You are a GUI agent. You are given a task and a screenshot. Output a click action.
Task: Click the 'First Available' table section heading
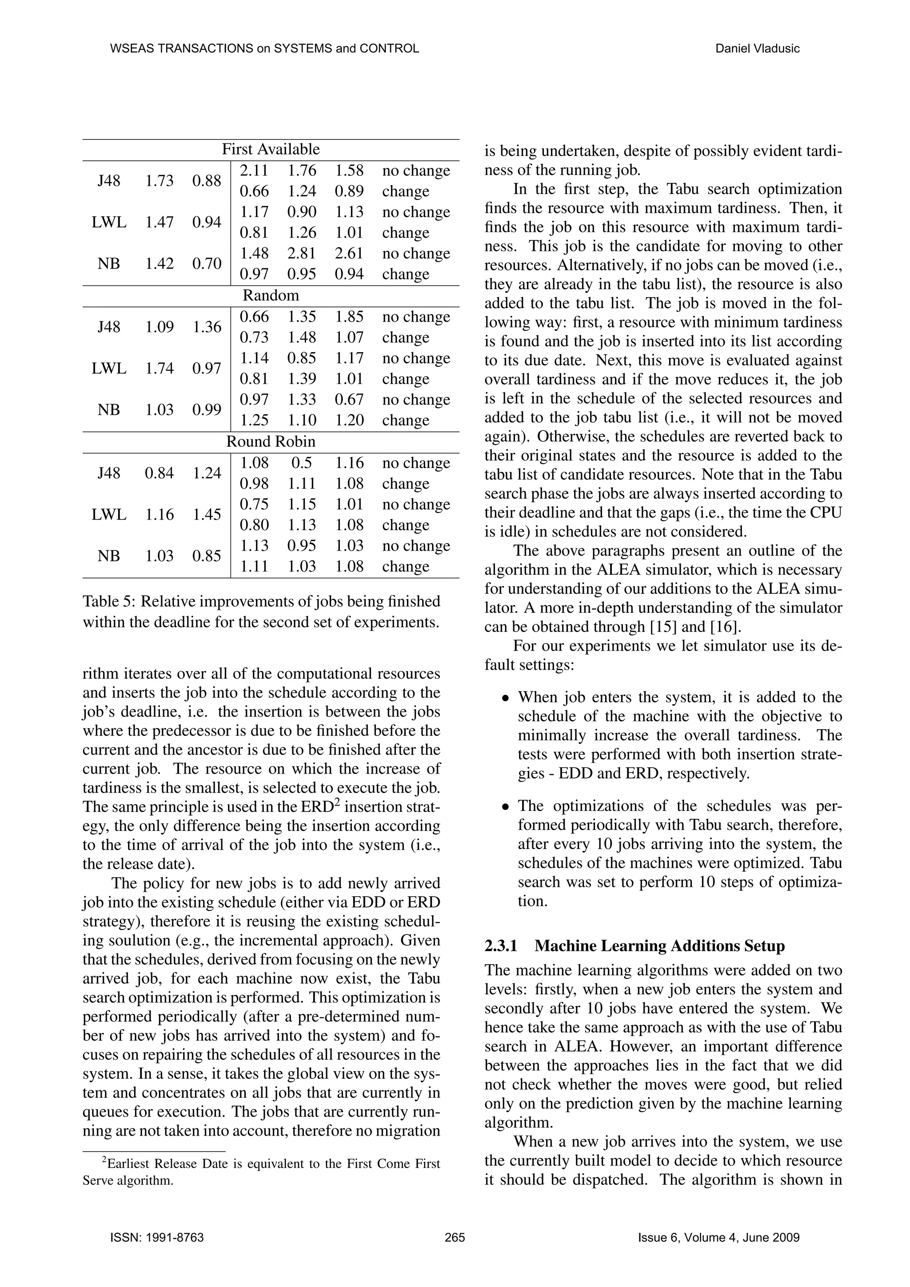pyautogui.click(x=271, y=150)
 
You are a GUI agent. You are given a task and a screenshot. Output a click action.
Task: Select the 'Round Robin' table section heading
pyautogui.click(x=271, y=442)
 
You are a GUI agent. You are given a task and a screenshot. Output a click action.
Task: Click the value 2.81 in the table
pyautogui.click(x=302, y=254)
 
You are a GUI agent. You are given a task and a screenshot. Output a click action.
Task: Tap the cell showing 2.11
pyautogui.click(x=254, y=171)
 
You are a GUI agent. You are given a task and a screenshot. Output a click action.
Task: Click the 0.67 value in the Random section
pyautogui.click(x=349, y=400)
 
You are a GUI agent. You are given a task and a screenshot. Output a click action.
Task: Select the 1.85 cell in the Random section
pyautogui.click(x=349, y=317)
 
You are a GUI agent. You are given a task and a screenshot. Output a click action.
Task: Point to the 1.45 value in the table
pyautogui.click(x=207, y=515)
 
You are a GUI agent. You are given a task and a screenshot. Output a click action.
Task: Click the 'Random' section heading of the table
pyautogui.click(x=271, y=295)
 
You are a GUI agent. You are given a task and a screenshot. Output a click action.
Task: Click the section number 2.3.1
pyautogui.click(x=500, y=946)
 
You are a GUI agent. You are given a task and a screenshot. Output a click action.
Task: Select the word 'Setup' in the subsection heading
pyautogui.click(x=764, y=946)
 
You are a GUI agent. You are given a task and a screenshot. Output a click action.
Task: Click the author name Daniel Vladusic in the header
pyautogui.click(x=757, y=49)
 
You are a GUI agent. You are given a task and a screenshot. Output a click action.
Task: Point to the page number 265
pyautogui.click(x=455, y=1238)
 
